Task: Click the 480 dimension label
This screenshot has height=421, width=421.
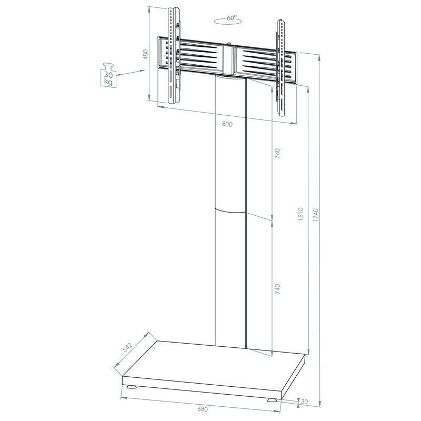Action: coord(145,55)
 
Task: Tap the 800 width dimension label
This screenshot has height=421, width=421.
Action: coord(227,124)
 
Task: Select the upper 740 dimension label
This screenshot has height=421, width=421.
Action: coord(277,153)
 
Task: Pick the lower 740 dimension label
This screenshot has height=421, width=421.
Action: coord(277,289)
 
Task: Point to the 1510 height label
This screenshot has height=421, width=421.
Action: coord(300,214)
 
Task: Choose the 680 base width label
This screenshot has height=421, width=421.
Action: coord(203,409)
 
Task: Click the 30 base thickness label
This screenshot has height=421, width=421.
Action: coord(304,402)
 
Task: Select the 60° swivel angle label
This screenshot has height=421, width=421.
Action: coord(232,18)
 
